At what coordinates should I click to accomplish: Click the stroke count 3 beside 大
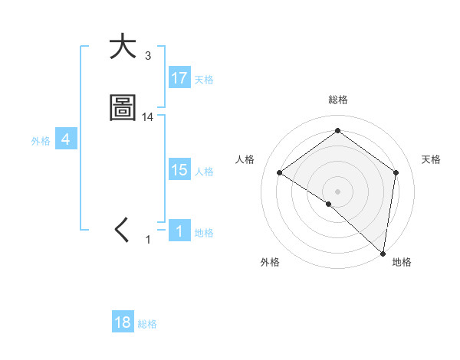147,56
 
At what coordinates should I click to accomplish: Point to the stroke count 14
148,117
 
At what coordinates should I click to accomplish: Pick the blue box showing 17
179,78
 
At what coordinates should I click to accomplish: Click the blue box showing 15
179,170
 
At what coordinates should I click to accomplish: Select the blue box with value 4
66,139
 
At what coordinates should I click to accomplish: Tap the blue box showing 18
123,322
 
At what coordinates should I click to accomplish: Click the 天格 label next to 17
204,80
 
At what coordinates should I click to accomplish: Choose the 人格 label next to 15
204,172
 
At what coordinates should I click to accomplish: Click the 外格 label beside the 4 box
41,141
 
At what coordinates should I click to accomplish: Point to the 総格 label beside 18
147,324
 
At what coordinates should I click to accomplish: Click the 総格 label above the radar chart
338,100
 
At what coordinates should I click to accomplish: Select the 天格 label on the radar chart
431,159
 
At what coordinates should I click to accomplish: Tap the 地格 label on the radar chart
402,262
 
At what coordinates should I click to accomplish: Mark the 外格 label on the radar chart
270,262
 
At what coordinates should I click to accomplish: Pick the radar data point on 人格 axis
280,172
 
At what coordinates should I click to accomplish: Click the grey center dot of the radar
338,191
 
